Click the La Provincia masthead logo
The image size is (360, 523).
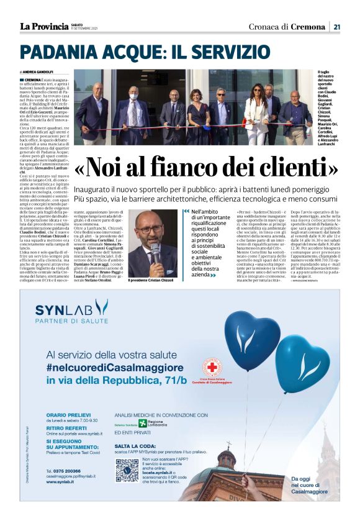[x=44, y=26]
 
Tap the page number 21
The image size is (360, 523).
[x=336, y=26]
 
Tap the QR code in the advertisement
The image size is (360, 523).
[x=127, y=470]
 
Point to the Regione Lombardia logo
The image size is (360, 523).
[x=153, y=423]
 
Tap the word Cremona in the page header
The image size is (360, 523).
[x=308, y=26]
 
